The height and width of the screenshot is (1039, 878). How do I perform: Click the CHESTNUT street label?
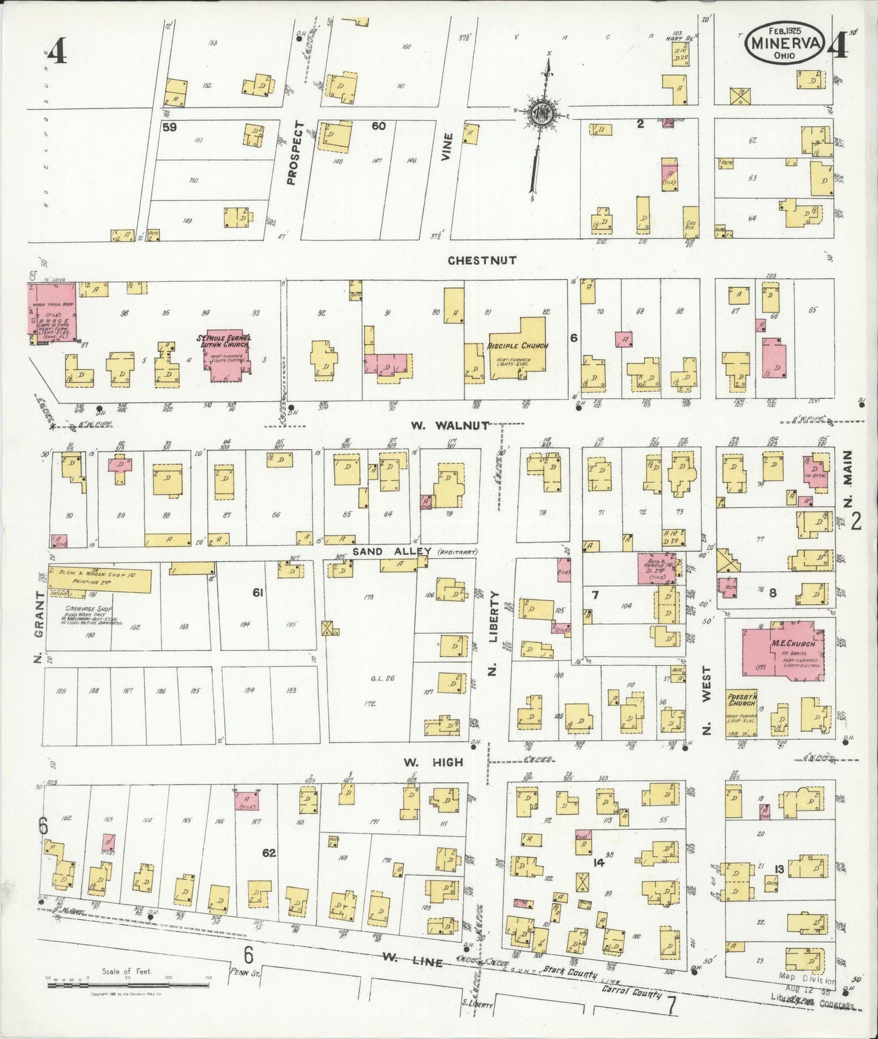(482, 260)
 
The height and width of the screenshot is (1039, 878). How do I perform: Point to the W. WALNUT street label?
(449, 425)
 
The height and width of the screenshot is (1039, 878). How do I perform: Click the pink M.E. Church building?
(781, 652)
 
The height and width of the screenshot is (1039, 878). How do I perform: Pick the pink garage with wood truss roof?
(52, 313)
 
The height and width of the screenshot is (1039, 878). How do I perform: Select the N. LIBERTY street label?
(493, 633)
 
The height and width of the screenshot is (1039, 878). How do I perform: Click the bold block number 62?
(269, 853)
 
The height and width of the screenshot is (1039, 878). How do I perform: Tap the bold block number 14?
(598, 862)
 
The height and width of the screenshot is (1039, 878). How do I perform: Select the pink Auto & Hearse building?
(657, 569)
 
